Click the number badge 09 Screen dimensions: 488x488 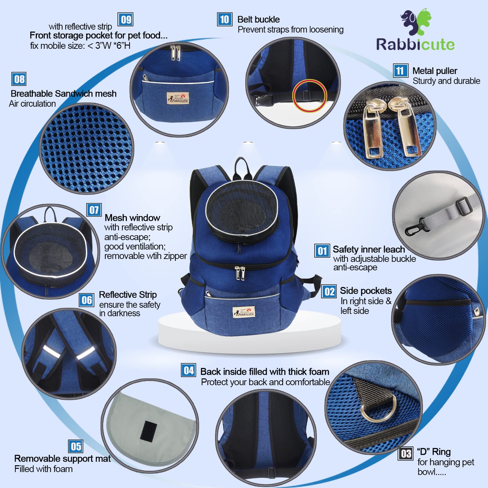(x=126, y=20)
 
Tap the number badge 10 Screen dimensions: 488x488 (x=224, y=20)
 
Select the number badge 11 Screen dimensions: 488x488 (x=400, y=71)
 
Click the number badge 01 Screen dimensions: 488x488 (x=322, y=251)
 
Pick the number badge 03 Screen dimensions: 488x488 (x=406, y=454)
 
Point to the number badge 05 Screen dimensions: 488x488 (x=75, y=446)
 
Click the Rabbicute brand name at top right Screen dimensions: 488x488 (x=415, y=45)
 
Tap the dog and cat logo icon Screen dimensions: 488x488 (x=416, y=21)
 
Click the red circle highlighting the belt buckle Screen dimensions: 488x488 (x=309, y=96)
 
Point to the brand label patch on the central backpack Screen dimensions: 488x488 (x=244, y=312)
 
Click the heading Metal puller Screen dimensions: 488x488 (x=435, y=71)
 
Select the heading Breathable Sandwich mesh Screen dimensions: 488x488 (x=63, y=94)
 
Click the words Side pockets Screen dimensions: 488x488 (x=366, y=291)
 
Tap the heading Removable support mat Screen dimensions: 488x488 (x=62, y=458)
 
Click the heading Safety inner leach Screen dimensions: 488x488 (x=369, y=249)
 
